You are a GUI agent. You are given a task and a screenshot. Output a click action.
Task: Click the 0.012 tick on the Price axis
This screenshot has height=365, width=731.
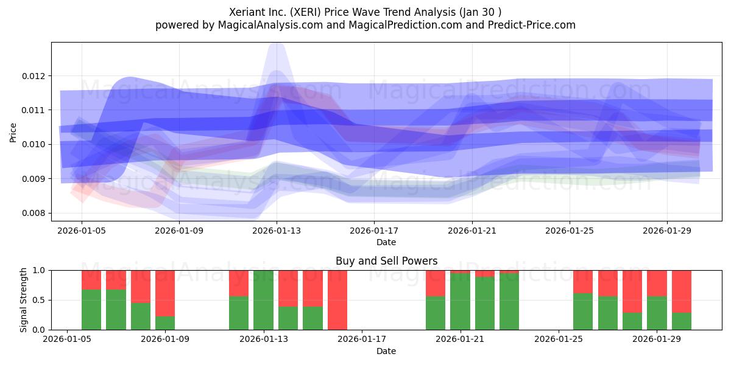tap(33, 76)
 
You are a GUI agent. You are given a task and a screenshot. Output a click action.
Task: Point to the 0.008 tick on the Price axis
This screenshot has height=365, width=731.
tap(33, 213)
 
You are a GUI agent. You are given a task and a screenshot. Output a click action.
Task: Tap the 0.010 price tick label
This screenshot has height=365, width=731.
tap(33, 144)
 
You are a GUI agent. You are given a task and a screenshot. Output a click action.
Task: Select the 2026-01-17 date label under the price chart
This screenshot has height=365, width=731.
tap(374, 231)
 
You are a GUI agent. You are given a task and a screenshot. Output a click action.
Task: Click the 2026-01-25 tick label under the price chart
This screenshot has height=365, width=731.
tap(570, 231)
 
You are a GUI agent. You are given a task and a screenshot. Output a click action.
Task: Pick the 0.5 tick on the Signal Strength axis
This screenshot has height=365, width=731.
tap(39, 300)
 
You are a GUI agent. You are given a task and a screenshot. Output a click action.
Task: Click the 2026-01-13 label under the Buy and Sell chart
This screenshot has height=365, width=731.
tap(264, 339)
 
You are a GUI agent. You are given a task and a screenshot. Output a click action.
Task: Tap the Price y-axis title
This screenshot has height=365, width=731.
tap(13, 133)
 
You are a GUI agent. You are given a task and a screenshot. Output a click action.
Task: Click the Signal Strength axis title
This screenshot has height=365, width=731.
tap(23, 300)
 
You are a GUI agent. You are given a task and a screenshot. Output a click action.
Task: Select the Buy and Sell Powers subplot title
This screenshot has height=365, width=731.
tap(386, 261)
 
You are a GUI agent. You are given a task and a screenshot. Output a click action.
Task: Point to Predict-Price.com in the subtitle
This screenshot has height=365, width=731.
tap(532, 25)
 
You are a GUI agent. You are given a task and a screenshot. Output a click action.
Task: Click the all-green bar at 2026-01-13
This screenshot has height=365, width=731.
tap(263, 300)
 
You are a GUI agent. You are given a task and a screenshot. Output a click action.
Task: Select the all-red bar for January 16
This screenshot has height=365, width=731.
tap(337, 300)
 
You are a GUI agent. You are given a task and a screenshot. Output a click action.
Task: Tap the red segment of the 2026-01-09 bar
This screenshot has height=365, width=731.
tap(165, 293)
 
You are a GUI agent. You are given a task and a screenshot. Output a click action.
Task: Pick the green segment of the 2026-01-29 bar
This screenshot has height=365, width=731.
tap(657, 313)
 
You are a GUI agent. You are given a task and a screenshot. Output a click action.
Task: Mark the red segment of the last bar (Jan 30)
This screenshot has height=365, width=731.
tap(682, 291)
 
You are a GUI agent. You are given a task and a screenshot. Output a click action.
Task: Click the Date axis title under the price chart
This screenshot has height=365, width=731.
tap(386, 242)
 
